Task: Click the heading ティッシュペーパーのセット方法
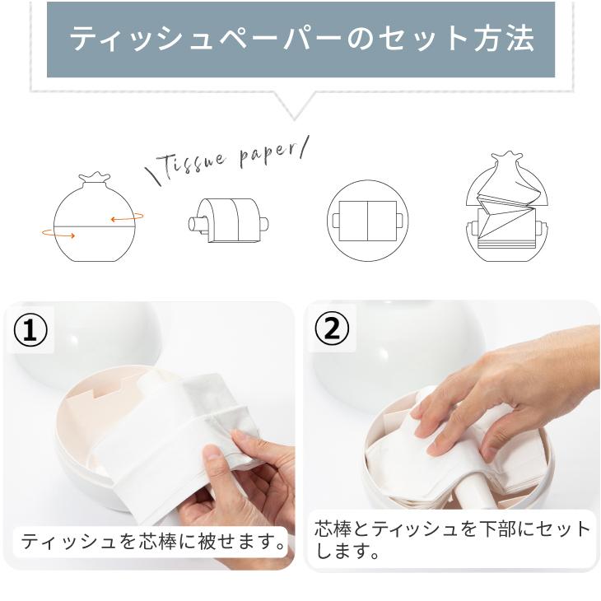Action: click(x=300, y=40)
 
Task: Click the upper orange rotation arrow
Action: click(x=128, y=218)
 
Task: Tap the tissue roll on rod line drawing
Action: click(x=228, y=221)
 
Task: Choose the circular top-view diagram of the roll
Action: click(x=365, y=221)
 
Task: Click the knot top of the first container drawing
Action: click(x=93, y=178)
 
